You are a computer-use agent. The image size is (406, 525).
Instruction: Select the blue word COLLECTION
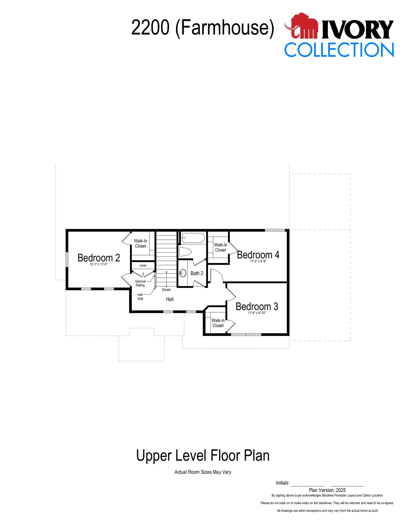click(x=339, y=50)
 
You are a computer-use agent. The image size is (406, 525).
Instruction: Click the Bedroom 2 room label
click(x=99, y=258)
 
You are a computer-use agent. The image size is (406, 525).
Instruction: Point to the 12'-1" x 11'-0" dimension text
click(x=99, y=264)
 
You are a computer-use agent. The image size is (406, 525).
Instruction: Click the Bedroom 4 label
click(x=258, y=255)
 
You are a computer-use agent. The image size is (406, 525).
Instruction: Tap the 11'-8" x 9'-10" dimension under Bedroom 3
click(x=257, y=313)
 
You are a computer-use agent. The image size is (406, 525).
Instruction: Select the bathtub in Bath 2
click(x=193, y=238)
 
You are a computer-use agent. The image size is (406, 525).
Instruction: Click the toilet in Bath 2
click(x=185, y=252)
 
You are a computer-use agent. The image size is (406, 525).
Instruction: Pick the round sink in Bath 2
click(x=183, y=273)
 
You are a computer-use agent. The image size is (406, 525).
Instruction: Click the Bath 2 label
click(x=197, y=273)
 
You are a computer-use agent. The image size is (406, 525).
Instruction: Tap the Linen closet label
click(x=143, y=265)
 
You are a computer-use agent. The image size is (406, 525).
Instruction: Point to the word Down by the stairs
click(x=166, y=289)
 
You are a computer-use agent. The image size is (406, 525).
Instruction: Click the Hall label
click(x=170, y=299)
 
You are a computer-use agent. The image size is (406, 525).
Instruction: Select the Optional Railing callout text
click(x=140, y=283)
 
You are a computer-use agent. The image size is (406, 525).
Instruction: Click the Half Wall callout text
click(x=140, y=297)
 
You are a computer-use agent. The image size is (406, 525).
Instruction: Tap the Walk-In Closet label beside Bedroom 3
click(x=218, y=323)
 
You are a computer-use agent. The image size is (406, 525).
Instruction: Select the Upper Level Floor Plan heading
click(x=203, y=456)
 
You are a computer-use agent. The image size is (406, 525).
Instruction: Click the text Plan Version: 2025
click(x=327, y=490)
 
